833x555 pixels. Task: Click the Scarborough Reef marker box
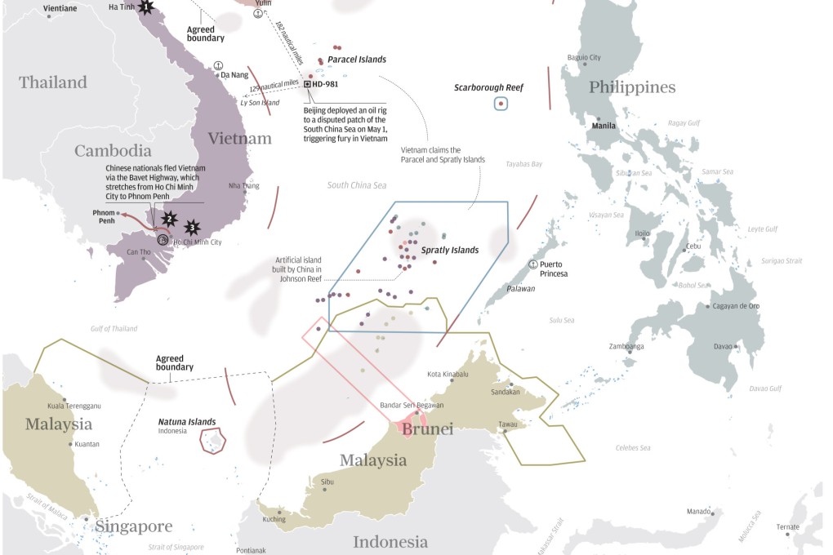tap(501, 104)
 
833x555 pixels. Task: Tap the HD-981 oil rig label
tap(324, 84)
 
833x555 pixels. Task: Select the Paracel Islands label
tap(357, 60)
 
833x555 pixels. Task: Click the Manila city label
tap(604, 126)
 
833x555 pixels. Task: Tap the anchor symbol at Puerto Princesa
tap(533, 264)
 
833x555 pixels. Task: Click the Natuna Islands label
tap(187, 422)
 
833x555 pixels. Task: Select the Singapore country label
tap(134, 526)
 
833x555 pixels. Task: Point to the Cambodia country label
tap(113, 151)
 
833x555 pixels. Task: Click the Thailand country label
tap(53, 82)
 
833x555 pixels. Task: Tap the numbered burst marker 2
tap(169, 218)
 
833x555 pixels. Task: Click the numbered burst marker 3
tap(193, 227)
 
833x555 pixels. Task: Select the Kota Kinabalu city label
tap(448, 374)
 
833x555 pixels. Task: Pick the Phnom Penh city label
tap(105, 216)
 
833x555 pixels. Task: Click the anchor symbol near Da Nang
tap(218, 64)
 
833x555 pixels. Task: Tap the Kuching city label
tap(274, 519)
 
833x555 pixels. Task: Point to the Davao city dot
tap(736, 347)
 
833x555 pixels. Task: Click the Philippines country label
tap(632, 87)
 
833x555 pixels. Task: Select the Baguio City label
tap(584, 58)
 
